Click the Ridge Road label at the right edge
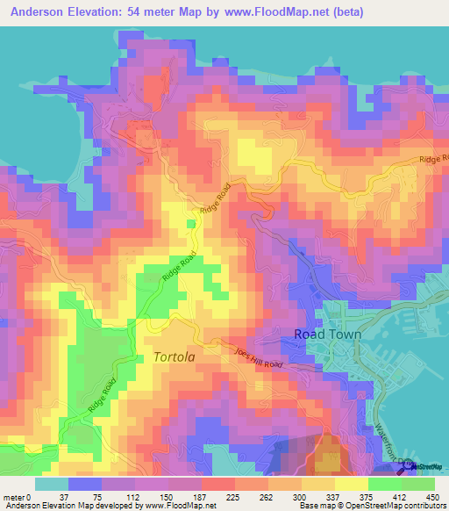pyautogui.click(x=432, y=159)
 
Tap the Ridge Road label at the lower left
pyautogui.click(x=102, y=397)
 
